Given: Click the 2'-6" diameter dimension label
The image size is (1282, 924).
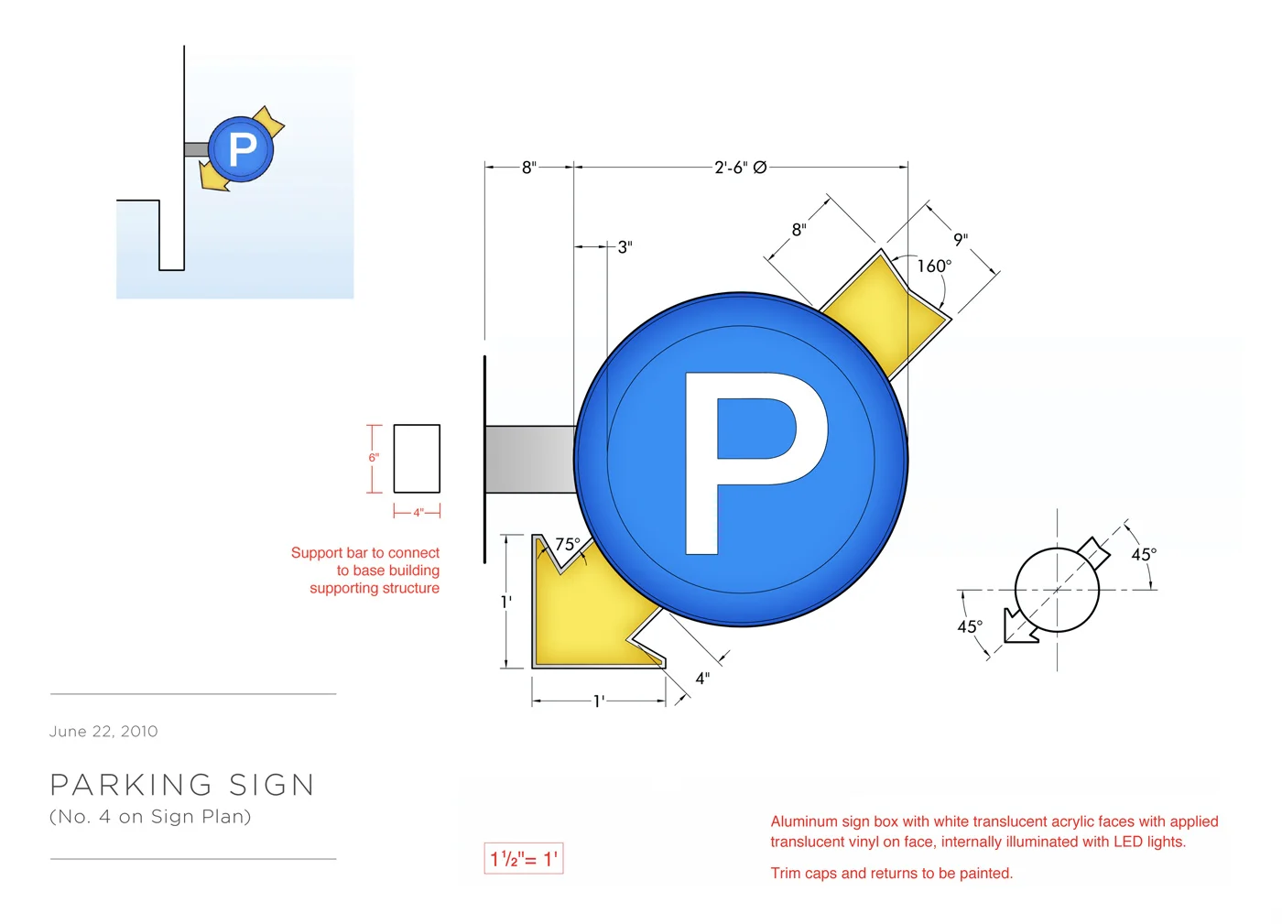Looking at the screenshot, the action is (x=740, y=168).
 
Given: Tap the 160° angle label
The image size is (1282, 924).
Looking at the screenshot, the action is (x=934, y=266).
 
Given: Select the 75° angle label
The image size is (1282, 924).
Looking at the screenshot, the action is (x=568, y=544).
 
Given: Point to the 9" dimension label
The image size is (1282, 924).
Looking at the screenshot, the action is (x=961, y=240).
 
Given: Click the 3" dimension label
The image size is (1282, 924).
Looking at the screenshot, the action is (x=625, y=247).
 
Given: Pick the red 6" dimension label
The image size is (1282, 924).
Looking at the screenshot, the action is (x=374, y=458).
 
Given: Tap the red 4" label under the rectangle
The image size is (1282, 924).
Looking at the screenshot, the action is (x=418, y=513).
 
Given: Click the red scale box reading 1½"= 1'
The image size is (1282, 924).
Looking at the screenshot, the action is (x=524, y=859).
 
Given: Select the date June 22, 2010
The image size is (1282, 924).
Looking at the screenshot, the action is (x=103, y=731).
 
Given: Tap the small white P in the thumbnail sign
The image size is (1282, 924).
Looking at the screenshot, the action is (x=242, y=149).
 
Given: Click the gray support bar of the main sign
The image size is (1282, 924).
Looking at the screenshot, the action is (x=529, y=459).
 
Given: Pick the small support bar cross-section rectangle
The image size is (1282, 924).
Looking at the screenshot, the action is (x=417, y=459).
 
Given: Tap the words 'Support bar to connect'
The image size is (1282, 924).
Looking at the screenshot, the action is (x=364, y=553).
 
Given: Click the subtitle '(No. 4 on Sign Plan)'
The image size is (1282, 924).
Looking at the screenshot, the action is (x=150, y=816).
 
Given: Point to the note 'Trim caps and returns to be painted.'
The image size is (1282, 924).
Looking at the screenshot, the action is (x=891, y=873).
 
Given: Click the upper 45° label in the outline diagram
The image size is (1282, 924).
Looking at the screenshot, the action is (x=1143, y=554).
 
